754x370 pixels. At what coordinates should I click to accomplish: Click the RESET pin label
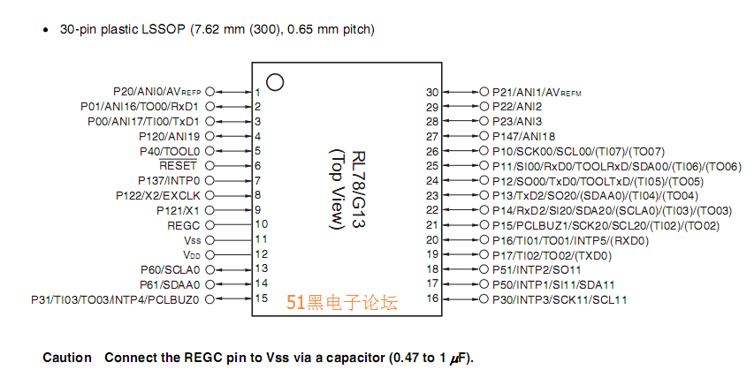pyautogui.click(x=179, y=165)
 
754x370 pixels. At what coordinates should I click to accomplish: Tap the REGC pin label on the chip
pyautogui.click(x=184, y=224)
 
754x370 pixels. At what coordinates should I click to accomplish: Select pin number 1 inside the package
pyautogui.click(x=257, y=92)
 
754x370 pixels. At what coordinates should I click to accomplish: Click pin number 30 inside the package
pyautogui.click(x=431, y=92)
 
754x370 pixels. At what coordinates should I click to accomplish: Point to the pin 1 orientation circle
pyautogui.click(x=275, y=82)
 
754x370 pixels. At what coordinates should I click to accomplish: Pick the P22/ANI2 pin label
pyautogui.click(x=517, y=107)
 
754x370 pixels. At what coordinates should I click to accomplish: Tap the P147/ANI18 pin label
pyautogui.click(x=523, y=137)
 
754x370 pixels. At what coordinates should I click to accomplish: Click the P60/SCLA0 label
pyautogui.click(x=170, y=269)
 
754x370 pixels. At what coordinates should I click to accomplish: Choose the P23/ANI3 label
pyautogui.click(x=517, y=121)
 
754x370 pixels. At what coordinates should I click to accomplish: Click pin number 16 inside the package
pyautogui.click(x=431, y=299)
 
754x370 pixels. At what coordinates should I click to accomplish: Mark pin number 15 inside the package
pyautogui.click(x=261, y=299)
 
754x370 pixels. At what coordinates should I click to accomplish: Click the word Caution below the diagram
pyautogui.click(x=66, y=358)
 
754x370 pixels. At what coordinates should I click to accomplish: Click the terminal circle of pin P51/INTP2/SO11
pyautogui.click(x=484, y=269)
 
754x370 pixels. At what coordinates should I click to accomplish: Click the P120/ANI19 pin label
pyautogui.click(x=170, y=137)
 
